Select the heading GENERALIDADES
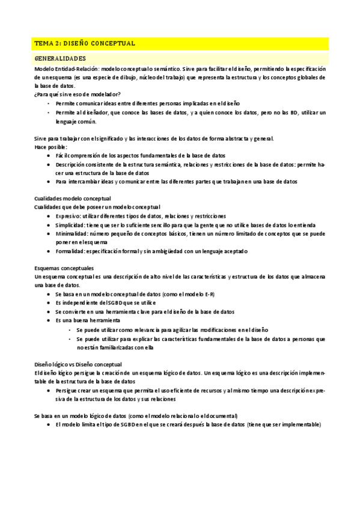[x=60, y=58]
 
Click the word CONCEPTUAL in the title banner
[x=112, y=43]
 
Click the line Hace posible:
[x=50, y=147]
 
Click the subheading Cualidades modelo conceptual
[x=73, y=198]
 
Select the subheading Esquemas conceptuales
[x=63, y=268]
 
